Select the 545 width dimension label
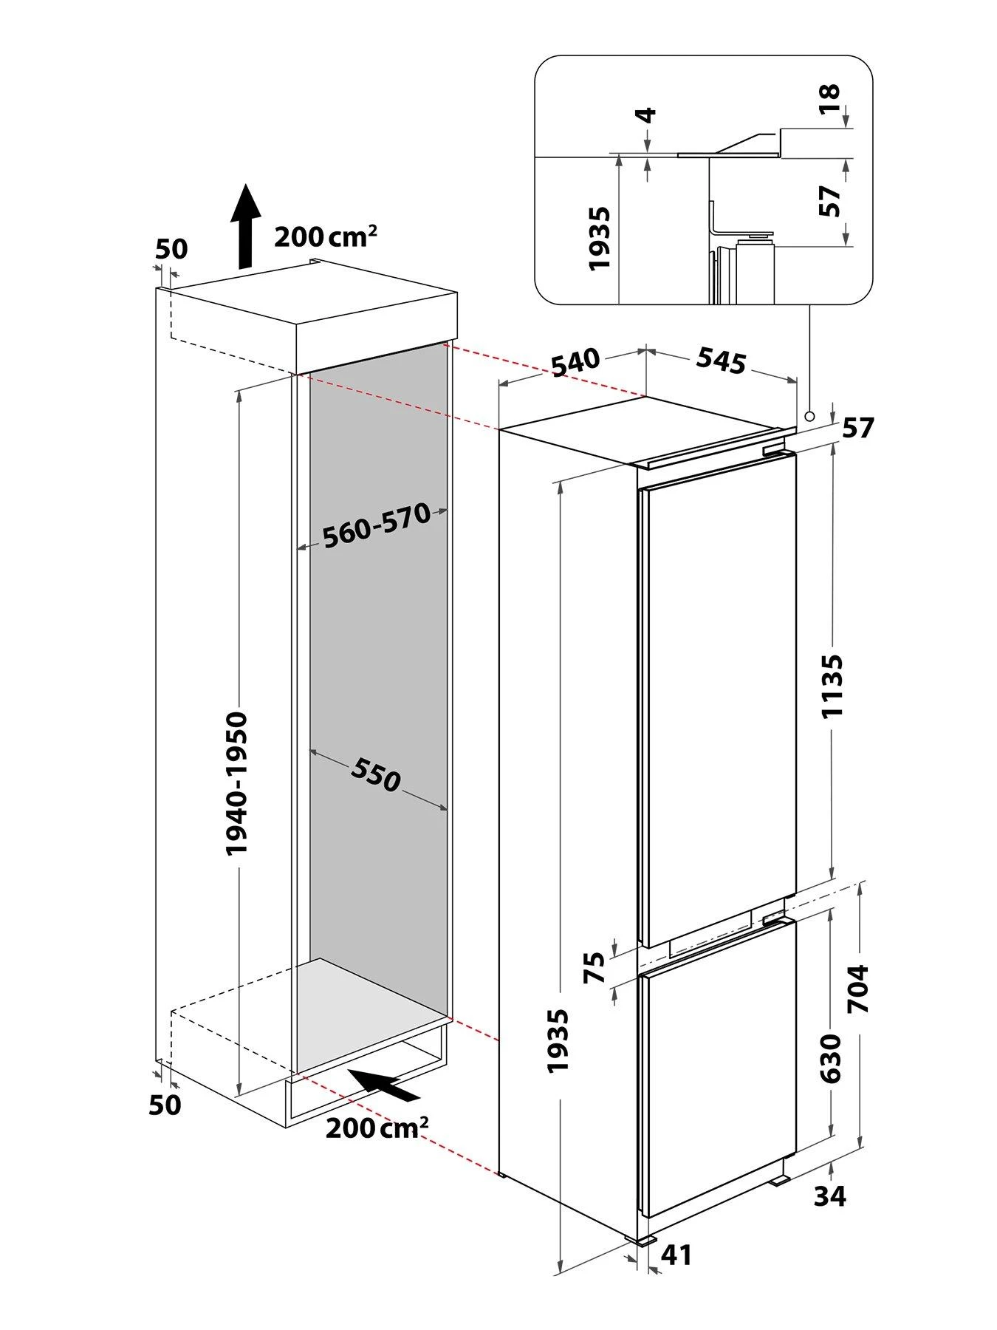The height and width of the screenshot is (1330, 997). coord(721,360)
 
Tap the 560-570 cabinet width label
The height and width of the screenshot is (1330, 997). coord(377,525)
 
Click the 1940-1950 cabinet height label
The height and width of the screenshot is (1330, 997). coord(237,783)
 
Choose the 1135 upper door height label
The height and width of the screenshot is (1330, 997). coord(832,685)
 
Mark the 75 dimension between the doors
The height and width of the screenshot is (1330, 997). coord(595,968)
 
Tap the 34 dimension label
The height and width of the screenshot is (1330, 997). coord(830,1196)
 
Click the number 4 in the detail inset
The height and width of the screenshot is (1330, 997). coord(647,115)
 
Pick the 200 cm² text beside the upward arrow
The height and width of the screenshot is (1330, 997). coord(326,236)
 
